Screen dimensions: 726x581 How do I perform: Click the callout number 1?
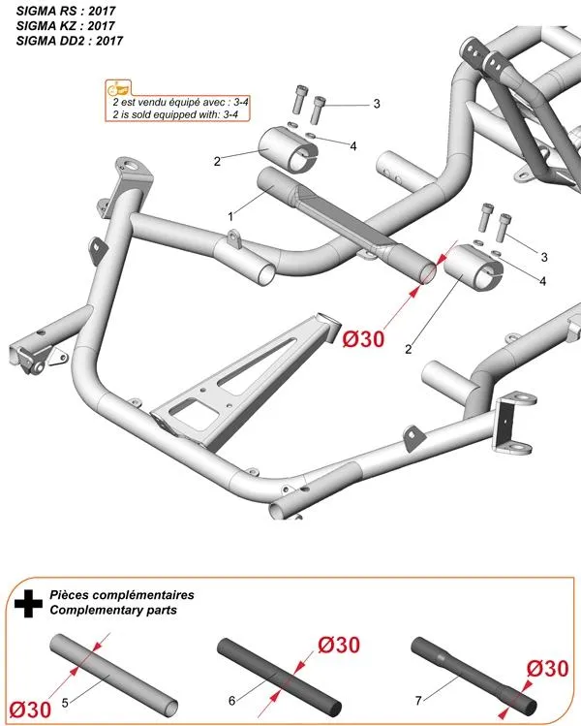230,212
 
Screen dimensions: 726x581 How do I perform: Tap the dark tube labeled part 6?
281,672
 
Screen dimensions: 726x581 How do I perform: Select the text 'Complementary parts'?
112,611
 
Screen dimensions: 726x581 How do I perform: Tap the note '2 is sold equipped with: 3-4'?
176,113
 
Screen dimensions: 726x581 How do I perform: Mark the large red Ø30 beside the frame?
364,338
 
